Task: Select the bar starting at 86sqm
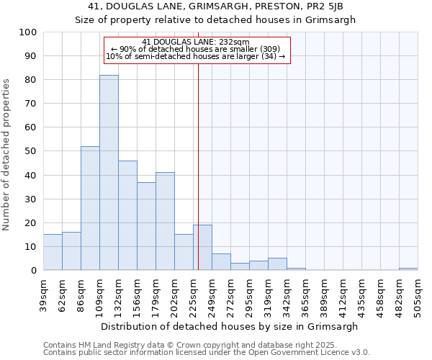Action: point(90,208)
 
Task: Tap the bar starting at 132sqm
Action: point(127,215)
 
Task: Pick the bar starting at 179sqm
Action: point(165,221)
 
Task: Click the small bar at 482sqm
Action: point(408,269)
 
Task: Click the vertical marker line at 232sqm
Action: point(198,166)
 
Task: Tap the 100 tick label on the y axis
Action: point(27,32)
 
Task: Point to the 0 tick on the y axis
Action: point(33,270)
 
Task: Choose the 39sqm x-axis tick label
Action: point(43,292)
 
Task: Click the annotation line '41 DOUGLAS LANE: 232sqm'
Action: point(196,42)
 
